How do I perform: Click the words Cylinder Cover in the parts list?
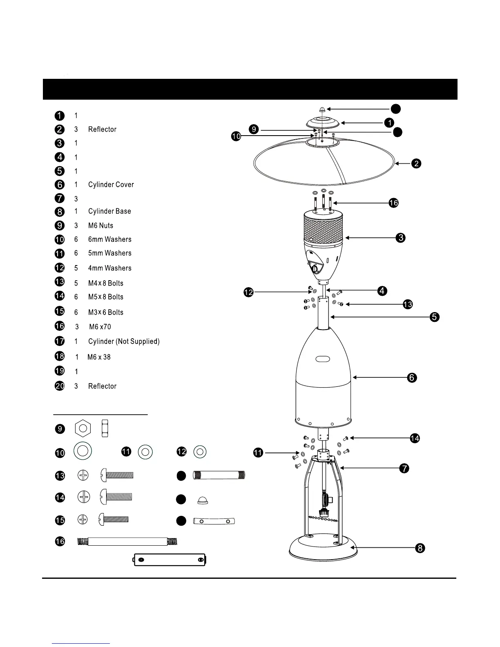coord(111,185)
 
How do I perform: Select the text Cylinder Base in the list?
coord(109,211)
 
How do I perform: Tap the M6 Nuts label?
coord(100,225)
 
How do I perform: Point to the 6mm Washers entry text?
coord(109,239)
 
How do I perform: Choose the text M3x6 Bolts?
coord(105,312)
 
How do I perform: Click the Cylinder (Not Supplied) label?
coord(124,341)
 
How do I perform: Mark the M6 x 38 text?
coord(99,357)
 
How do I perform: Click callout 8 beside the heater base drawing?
coord(420,548)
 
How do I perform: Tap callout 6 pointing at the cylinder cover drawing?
coord(412,378)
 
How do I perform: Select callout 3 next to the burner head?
coord(400,238)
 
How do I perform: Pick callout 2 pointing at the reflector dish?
coord(416,164)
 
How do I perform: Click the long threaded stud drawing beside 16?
coord(128,542)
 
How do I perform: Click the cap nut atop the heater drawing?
coord(322,109)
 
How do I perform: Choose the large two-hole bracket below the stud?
coord(170,560)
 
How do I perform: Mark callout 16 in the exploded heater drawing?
coord(393,203)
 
